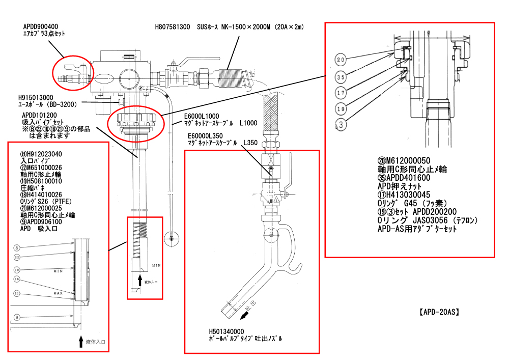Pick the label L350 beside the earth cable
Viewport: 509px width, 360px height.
click(x=250, y=143)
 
